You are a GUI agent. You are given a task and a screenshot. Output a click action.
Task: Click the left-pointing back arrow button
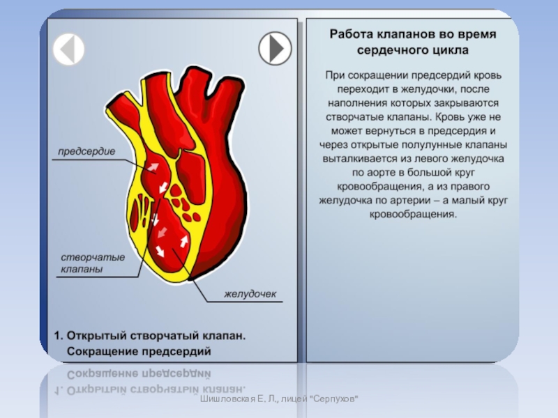[68, 49]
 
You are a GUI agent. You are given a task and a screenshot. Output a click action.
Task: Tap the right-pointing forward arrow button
[275, 49]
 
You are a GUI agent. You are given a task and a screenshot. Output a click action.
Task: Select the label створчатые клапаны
[92, 263]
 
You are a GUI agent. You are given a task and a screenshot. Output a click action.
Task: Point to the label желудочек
[250, 294]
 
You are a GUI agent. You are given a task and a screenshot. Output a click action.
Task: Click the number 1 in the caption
[58, 335]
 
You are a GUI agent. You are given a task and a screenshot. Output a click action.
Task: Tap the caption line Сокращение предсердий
[139, 350]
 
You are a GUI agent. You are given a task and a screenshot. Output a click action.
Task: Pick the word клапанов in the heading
[402, 33]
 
